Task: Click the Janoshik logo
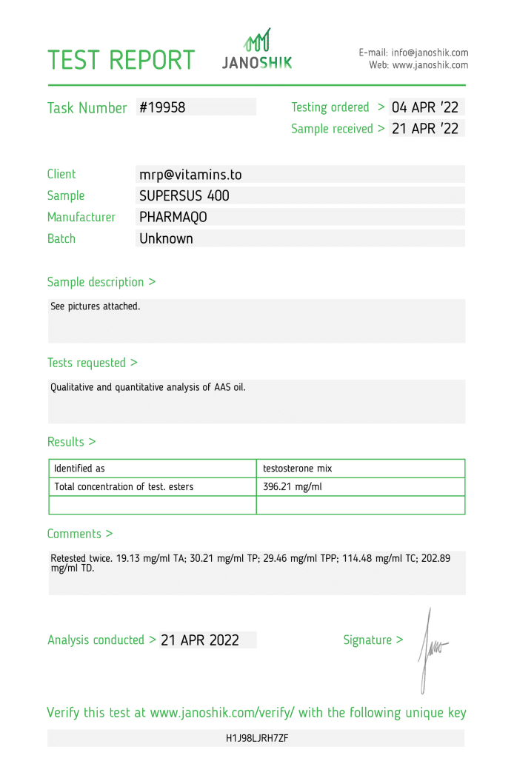click(257, 50)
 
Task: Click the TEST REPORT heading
click(121, 60)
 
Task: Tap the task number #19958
click(162, 107)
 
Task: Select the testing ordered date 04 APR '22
click(425, 107)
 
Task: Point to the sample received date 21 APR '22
click(425, 129)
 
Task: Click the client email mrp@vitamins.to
click(190, 175)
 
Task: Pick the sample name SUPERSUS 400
click(184, 196)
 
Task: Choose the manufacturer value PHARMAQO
click(173, 218)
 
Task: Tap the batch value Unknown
click(166, 239)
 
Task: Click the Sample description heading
click(101, 282)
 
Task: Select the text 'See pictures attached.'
click(95, 306)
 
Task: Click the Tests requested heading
click(92, 363)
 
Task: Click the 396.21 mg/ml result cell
click(293, 487)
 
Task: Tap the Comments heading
click(79, 534)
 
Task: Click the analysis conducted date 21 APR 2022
click(200, 640)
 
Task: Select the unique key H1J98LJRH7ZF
click(257, 738)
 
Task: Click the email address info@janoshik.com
click(430, 53)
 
